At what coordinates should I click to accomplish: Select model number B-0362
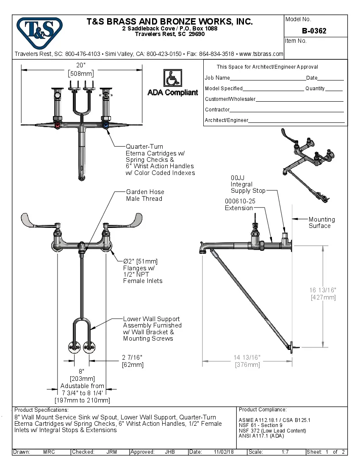(x=314, y=31)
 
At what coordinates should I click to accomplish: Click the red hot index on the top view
(x=58, y=125)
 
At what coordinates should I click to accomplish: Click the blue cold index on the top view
(x=105, y=125)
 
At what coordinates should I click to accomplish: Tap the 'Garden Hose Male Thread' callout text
(x=144, y=195)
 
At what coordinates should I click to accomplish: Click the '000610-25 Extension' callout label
(x=240, y=205)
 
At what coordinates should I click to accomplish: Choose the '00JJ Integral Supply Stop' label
(x=248, y=184)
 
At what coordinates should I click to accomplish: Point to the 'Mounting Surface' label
(x=321, y=222)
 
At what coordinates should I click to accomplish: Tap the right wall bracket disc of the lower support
(x=89, y=347)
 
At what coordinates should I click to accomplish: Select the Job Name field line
(x=268, y=79)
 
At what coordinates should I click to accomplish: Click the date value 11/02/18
(x=224, y=452)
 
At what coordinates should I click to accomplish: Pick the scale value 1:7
(x=285, y=452)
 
